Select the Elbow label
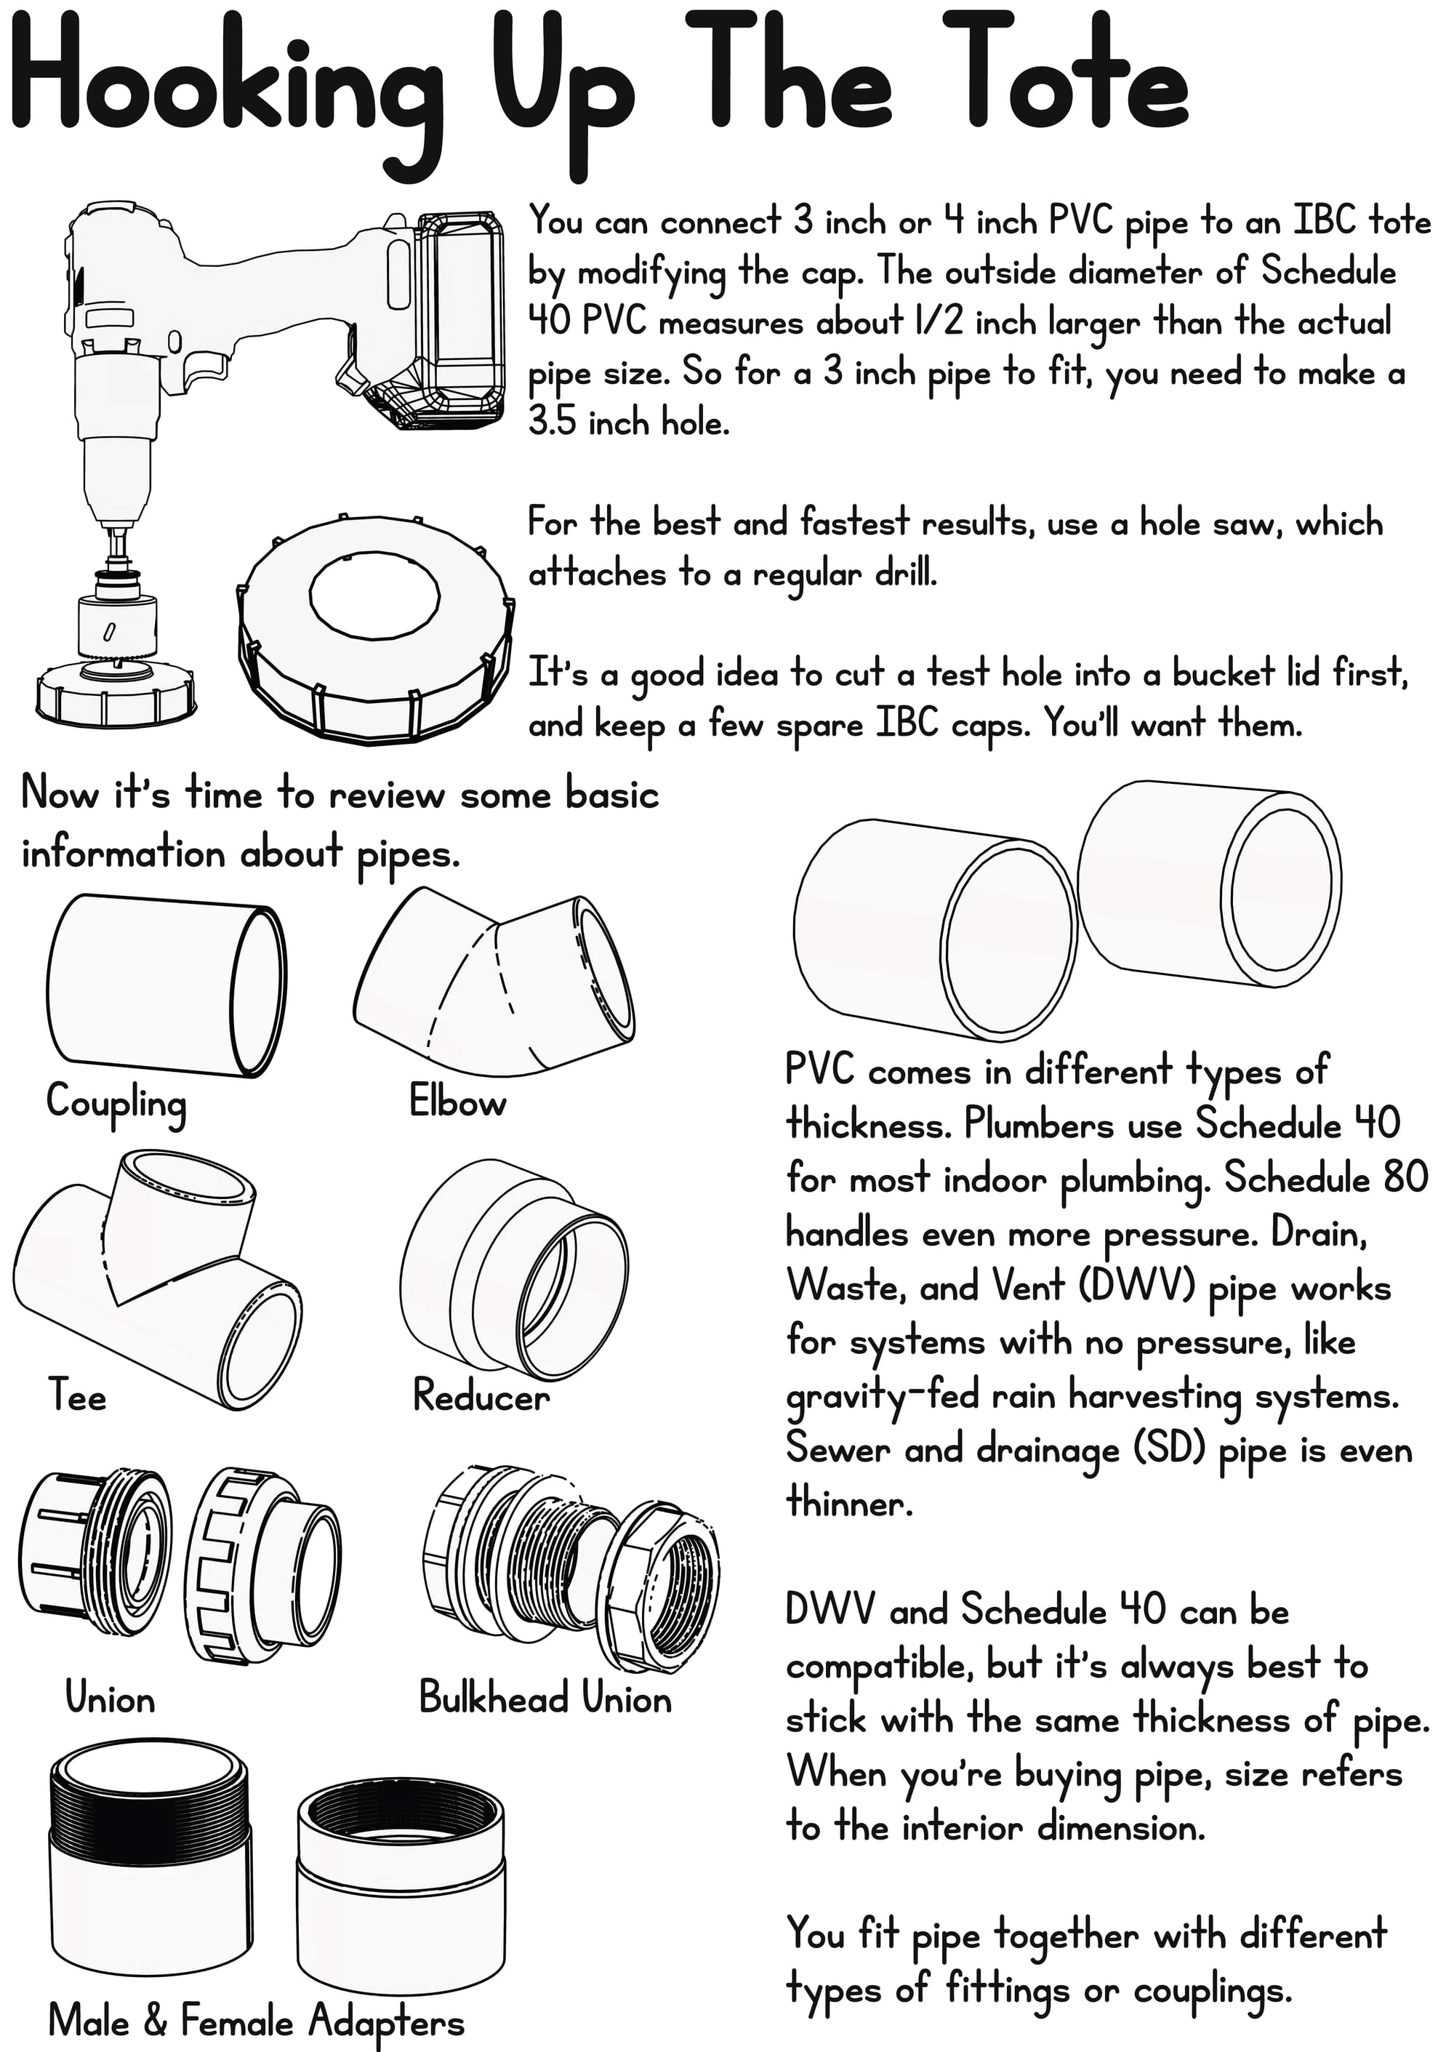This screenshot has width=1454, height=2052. click(457, 1101)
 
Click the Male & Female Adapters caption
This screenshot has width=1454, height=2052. click(256, 2021)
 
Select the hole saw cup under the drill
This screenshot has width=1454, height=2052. click(116, 625)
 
